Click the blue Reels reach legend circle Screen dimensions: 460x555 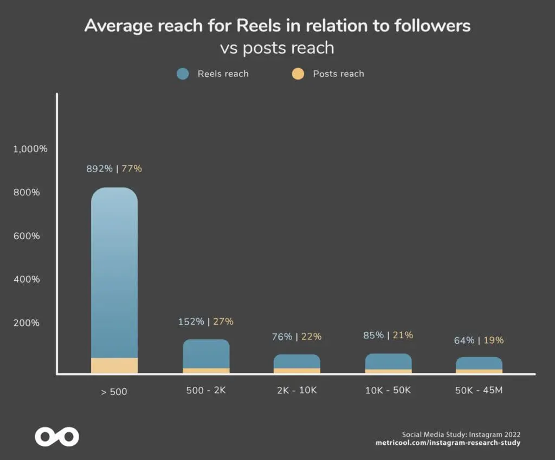[x=183, y=74]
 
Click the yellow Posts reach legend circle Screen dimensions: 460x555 [x=298, y=74]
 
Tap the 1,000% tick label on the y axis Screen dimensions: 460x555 [x=30, y=149]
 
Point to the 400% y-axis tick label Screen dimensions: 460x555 [x=27, y=279]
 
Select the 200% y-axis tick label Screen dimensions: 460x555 [x=27, y=323]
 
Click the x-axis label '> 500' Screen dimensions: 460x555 [x=114, y=391]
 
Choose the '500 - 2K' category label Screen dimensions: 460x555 [x=205, y=390]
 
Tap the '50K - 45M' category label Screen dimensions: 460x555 [x=479, y=390]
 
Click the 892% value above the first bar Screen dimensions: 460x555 [x=100, y=168]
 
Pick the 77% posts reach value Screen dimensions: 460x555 [x=132, y=168]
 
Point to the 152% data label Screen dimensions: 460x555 [x=191, y=321]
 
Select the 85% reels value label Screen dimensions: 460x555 [x=373, y=335]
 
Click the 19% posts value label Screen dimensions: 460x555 [x=494, y=340]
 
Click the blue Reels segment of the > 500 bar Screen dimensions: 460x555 [x=114, y=271]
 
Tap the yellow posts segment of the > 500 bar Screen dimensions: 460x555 [x=114, y=365]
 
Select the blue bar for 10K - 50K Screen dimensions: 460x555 [x=389, y=362]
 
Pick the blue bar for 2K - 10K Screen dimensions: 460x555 [x=297, y=362]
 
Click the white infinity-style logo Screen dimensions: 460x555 [x=57, y=436]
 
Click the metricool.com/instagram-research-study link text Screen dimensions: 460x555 [x=448, y=443]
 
